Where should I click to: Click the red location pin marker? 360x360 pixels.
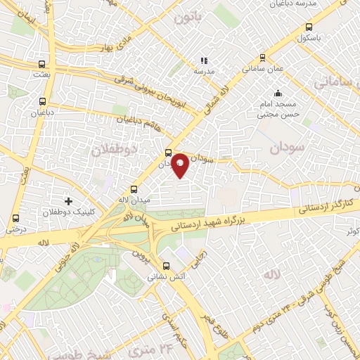pos(181,165)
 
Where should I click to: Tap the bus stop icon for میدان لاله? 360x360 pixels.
pos(134,189)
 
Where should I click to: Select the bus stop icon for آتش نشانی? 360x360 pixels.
pos(166,266)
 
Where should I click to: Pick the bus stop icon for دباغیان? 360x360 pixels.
pos(42,101)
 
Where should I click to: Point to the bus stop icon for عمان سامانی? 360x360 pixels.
pos(262,58)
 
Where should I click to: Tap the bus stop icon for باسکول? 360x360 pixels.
pos(310,28)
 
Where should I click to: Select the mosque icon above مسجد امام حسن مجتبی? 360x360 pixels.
pos(278,92)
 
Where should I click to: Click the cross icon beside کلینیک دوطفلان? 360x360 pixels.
pos(68,201)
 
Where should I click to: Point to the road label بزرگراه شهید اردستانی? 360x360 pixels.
pos(207,226)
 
